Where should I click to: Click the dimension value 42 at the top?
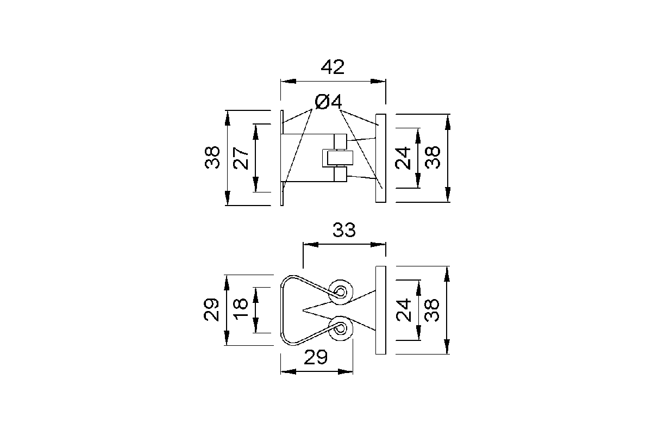coord(333,67)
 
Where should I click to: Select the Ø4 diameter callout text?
coord(328,102)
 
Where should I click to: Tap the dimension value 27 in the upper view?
coord(241,158)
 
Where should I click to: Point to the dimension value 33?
coord(344,230)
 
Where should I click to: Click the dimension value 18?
coord(241,309)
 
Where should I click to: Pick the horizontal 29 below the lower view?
coord(316,357)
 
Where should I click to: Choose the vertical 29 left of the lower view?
coord(211,309)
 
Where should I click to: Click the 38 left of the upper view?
coord(212,157)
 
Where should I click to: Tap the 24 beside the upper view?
coord(403,158)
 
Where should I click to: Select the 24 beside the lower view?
coord(403,310)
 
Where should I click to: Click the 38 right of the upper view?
coord(432,157)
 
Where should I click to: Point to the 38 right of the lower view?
coord(431,310)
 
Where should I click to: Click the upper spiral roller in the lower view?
coord(340,292)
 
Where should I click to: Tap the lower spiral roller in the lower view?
coord(340,328)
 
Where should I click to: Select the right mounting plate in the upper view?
coord(381,158)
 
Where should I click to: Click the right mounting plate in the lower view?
coord(381,310)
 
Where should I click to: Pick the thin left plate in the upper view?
coord(282,158)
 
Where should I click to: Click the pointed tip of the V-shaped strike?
coord(303,310)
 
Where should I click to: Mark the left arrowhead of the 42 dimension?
coord(288,81)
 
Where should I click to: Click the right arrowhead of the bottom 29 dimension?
coord(345,371)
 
